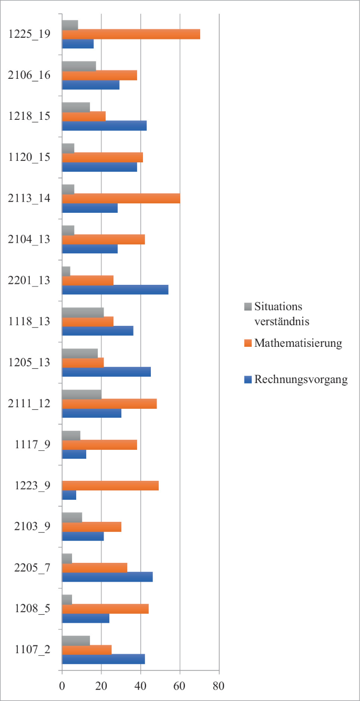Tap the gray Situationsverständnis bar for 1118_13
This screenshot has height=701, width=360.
click(x=83, y=312)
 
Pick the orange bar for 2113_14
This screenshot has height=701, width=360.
click(x=121, y=198)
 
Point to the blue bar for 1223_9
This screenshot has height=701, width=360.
click(x=69, y=495)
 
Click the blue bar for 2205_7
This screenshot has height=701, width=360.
click(x=107, y=577)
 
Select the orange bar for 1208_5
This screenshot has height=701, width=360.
click(x=105, y=609)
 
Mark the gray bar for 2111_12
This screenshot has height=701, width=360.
click(x=81, y=394)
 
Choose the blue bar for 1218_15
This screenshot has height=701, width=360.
click(x=104, y=126)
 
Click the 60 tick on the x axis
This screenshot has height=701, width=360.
click(x=180, y=686)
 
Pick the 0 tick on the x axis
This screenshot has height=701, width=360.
click(x=62, y=686)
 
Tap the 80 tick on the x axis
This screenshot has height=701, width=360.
click(x=219, y=686)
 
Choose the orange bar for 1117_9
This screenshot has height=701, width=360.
click(x=99, y=445)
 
